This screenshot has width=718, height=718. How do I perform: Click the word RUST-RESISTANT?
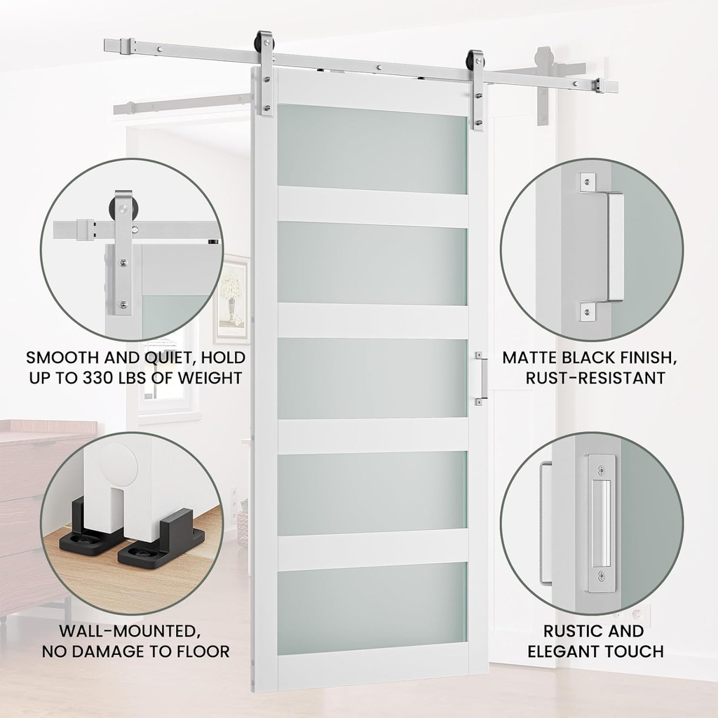click(x=595, y=379)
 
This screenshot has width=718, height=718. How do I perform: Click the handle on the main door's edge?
click(x=480, y=379)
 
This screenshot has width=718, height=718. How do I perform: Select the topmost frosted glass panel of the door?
click(x=372, y=149)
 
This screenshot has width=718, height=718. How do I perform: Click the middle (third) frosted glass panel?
click(x=372, y=379)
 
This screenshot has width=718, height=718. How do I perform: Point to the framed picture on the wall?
click(x=232, y=298)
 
